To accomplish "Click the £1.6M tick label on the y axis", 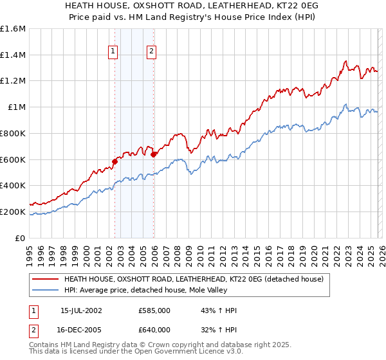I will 12,29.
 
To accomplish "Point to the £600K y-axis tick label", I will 12,159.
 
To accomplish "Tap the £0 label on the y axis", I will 20,238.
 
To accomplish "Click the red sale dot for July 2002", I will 115,161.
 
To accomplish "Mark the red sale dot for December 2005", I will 154,154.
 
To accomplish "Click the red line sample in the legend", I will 45,279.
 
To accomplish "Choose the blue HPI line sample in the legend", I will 45,290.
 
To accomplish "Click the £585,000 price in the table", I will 155,310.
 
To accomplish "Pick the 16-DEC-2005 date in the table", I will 81,330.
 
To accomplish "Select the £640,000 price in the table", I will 155,330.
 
